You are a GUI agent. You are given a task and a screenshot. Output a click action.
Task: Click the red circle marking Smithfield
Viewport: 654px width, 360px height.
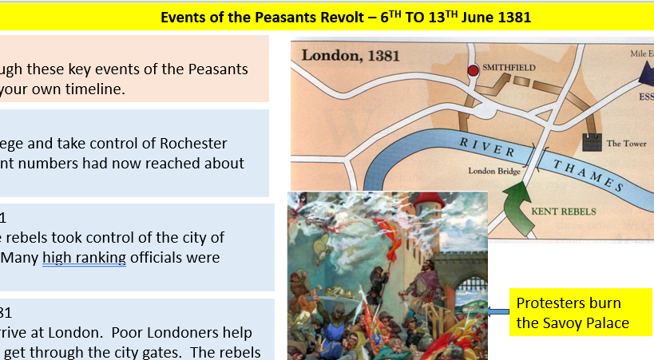(473, 70)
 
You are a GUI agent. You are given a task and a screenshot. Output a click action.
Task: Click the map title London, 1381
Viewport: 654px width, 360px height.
(351, 55)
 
